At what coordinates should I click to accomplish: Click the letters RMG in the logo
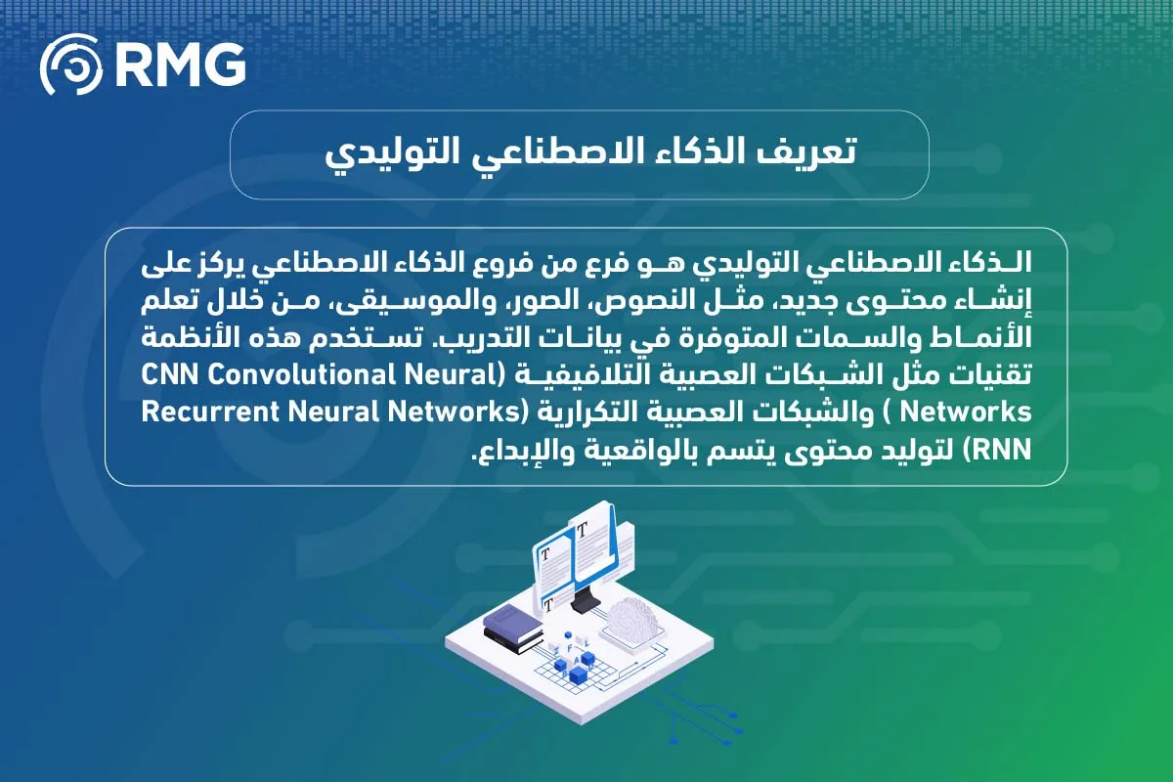(179, 66)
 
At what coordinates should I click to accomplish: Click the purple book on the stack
(513, 620)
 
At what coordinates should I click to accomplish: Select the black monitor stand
(584, 598)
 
